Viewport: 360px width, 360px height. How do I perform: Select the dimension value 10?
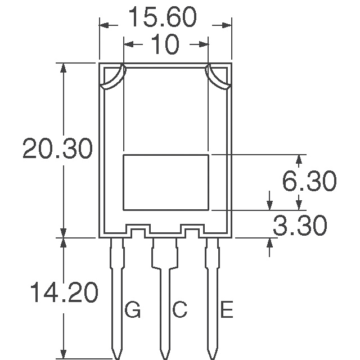(x=165, y=45)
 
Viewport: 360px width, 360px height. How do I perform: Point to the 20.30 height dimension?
(x=57, y=150)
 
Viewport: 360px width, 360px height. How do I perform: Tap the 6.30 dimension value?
(x=309, y=182)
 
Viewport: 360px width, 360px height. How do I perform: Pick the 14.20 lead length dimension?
(x=64, y=292)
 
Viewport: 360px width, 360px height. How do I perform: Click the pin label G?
(x=133, y=309)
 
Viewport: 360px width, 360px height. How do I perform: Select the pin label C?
(x=179, y=309)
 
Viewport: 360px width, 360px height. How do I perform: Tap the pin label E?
(x=226, y=309)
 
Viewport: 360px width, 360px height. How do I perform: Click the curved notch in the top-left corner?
(x=114, y=78)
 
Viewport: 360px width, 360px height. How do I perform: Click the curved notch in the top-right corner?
(x=218, y=78)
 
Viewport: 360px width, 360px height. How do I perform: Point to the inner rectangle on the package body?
(x=166, y=182)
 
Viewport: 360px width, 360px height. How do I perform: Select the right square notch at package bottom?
(x=192, y=231)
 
